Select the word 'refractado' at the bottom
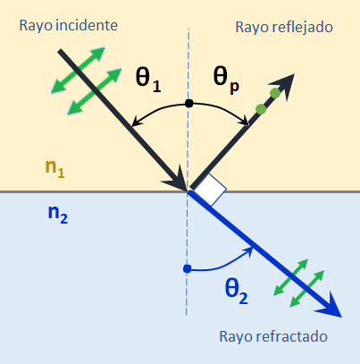tap(292, 336)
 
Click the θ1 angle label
tap(148, 79)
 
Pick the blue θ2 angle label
tap(237, 292)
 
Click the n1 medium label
tap(54, 169)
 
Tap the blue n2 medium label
tap(58, 215)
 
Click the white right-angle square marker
tap(210, 190)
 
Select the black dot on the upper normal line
tap(189, 104)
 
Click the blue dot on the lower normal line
tap(187, 269)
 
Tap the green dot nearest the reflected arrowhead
tap(275, 93)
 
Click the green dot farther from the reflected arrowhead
tap(261, 109)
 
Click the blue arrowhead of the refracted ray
tap(330, 307)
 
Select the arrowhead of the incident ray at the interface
tap(177, 179)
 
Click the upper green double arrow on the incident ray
tap(78, 71)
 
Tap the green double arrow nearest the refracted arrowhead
tap(306, 289)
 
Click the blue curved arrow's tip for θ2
tap(252, 248)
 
